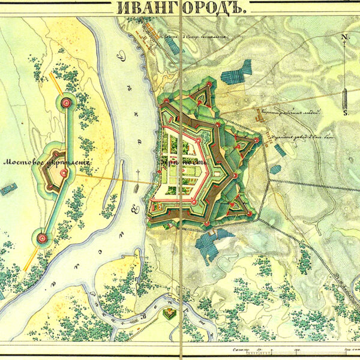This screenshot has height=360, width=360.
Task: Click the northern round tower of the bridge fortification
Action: point(66,104)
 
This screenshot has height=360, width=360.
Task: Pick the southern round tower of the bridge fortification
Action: point(42,238)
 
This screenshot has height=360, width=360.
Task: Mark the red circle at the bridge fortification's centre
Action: point(63,173)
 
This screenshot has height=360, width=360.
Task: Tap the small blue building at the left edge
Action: point(7,191)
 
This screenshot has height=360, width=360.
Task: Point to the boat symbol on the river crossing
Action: point(138,188)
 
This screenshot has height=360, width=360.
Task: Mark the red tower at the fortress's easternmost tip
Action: point(257,140)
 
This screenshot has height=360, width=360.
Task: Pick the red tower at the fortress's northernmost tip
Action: point(209,85)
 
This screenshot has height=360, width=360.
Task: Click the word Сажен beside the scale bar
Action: point(236,348)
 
